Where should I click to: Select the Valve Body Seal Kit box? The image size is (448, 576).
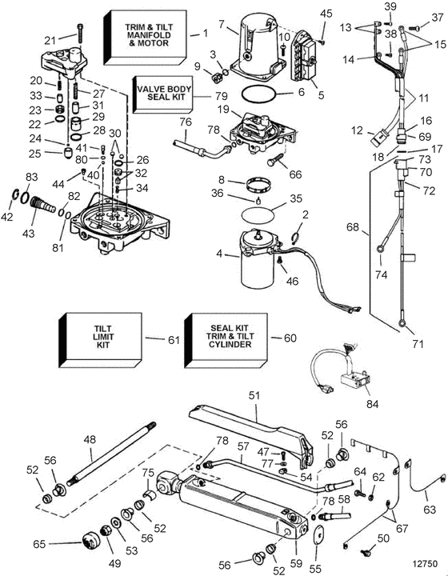[162, 94]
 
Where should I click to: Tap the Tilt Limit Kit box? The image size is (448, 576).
[100, 340]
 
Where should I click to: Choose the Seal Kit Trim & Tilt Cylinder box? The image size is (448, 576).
[226, 340]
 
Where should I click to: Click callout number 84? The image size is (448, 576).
[372, 404]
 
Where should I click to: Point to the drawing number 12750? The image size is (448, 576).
[425, 563]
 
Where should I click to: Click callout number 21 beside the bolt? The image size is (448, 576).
[50, 41]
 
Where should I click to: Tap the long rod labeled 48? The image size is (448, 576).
[112, 454]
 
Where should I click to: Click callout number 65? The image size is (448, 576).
[39, 544]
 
